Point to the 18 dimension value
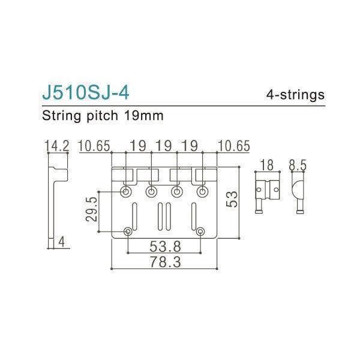[267, 165]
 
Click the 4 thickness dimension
[62, 242]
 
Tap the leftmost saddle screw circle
[127, 191]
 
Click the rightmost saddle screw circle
[201, 191]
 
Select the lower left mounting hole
[128, 232]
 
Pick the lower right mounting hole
[200, 232]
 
